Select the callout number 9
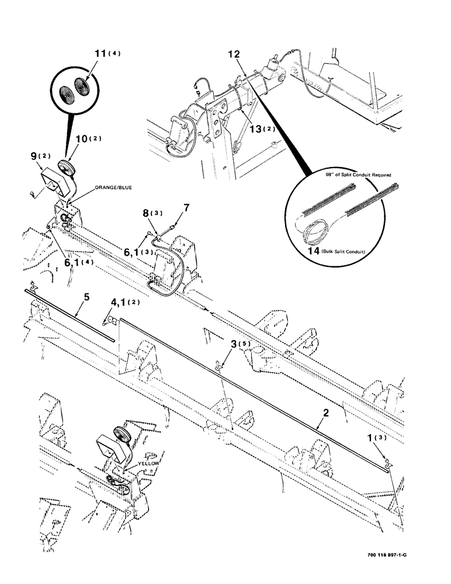click(x=34, y=157)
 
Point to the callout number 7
click(x=186, y=207)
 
